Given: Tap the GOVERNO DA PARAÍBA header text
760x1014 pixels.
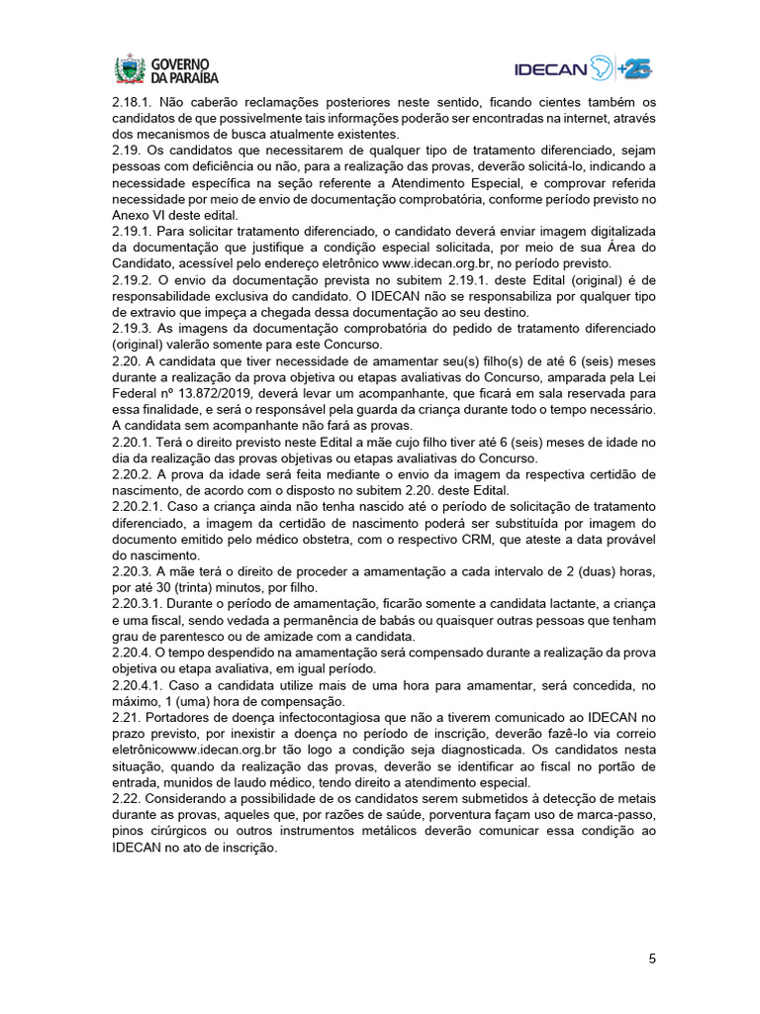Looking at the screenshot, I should pyautogui.click(x=184, y=69).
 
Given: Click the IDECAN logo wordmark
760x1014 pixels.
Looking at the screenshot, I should pyautogui.click(x=550, y=68).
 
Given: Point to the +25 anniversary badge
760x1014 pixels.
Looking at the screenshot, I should pyautogui.click(x=635, y=68).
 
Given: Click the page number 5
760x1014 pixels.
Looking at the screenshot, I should pyautogui.click(x=652, y=959).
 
